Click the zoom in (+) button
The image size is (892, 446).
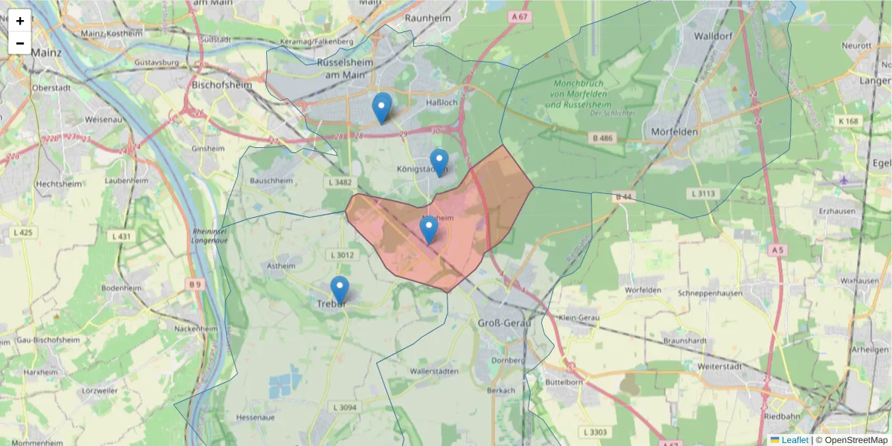pyautogui.click(x=20, y=21)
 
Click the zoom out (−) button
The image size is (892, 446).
pyautogui.click(x=20, y=43)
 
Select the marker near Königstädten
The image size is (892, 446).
pyautogui.click(x=439, y=162)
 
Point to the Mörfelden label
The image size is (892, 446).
pyautogui.click(x=673, y=132)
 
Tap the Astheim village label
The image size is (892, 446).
pyautogui.click(x=280, y=265)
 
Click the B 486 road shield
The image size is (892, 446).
pyautogui.click(x=603, y=138)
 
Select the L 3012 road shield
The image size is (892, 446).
pyautogui.click(x=343, y=255)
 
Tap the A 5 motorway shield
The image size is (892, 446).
pyautogui.click(x=778, y=251)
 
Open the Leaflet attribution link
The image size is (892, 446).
pyautogui.click(x=795, y=440)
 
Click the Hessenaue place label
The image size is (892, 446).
pyautogui.click(x=255, y=418)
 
